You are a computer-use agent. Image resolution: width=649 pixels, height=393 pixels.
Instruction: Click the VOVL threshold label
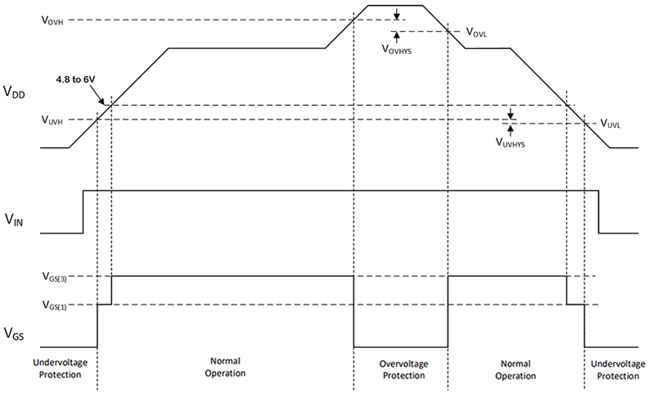pyautogui.click(x=480, y=32)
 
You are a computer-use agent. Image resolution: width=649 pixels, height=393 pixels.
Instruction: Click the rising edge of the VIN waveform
pyautogui.click(x=83, y=212)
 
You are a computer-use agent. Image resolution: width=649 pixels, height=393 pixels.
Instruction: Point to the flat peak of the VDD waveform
pyautogui.click(x=395, y=6)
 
